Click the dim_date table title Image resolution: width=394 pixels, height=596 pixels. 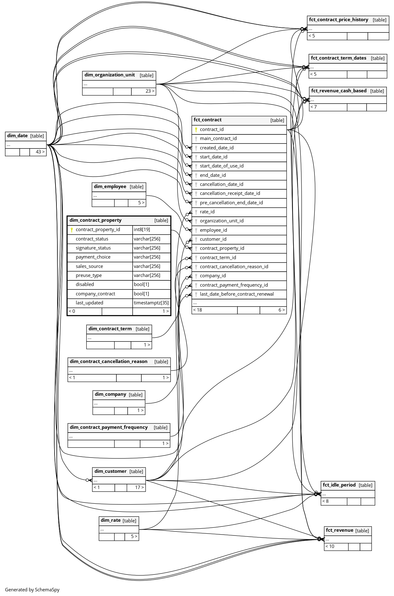click(17, 136)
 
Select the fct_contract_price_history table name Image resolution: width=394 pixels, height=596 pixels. click(338, 20)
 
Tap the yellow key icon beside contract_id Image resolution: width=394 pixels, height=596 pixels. click(196, 130)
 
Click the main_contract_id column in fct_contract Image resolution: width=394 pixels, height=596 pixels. click(218, 138)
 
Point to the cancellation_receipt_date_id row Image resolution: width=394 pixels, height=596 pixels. click(230, 193)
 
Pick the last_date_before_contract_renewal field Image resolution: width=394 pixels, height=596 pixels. click(237, 294)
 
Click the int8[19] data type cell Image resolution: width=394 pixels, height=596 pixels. click(142, 230)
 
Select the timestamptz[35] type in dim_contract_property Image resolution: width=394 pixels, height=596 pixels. click(151, 303)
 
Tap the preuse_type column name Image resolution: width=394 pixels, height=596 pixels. click(89, 275)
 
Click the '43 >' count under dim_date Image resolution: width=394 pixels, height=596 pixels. click(40, 152)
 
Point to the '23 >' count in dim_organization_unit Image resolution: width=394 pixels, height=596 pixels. click(150, 91)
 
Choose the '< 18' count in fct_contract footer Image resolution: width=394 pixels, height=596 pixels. click(198, 310)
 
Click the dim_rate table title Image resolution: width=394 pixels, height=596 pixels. click(111, 520)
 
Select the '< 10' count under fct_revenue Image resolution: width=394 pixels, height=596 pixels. click(330, 546)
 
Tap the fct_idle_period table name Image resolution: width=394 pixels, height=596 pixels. click(339, 485)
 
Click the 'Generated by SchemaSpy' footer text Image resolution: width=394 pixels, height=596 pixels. click(32, 589)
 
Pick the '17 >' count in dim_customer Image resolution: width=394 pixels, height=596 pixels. click(139, 487)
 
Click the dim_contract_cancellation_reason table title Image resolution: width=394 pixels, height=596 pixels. click(109, 361)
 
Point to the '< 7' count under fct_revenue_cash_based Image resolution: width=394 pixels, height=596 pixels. click(314, 107)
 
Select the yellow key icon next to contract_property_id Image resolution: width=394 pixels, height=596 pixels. click(72, 230)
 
